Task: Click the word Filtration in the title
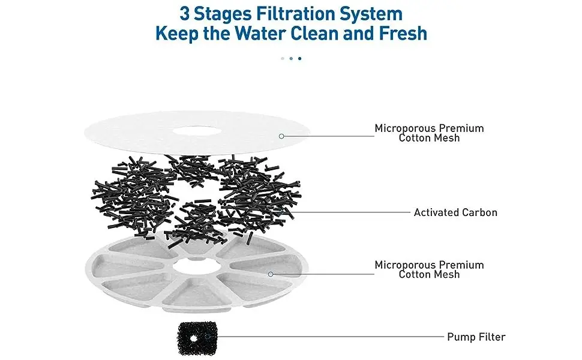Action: [295, 14]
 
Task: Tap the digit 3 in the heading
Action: [185, 14]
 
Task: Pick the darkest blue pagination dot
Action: [299, 58]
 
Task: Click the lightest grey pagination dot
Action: [283, 58]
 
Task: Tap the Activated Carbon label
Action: [455, 212]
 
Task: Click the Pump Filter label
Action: [476, 337]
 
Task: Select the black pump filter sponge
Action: [196, 338]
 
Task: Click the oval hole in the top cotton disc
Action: [197, 131]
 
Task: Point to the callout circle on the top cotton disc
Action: [281, 136]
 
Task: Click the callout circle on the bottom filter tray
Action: [271, 274]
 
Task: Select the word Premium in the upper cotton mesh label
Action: [461, 128]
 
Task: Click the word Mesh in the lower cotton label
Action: [448, 275]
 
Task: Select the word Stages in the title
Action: [223, 15]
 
